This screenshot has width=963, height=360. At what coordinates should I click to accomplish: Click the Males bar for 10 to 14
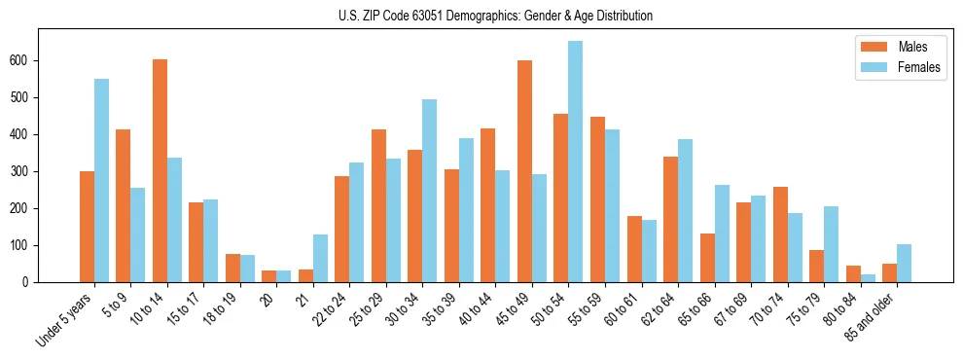pyautogui.click(x=160, y=170)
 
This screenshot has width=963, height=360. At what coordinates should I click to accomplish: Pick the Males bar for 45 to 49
pyautogui.click(x=524, y=171)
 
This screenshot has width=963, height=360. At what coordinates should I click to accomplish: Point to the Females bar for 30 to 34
pyautogui.click(x=429, y=191)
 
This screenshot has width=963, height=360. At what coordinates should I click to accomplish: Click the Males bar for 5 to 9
pyautogui.click(x=124, y=205)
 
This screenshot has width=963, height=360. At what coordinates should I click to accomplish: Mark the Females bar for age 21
pyautogui.click(x=320, y=258)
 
